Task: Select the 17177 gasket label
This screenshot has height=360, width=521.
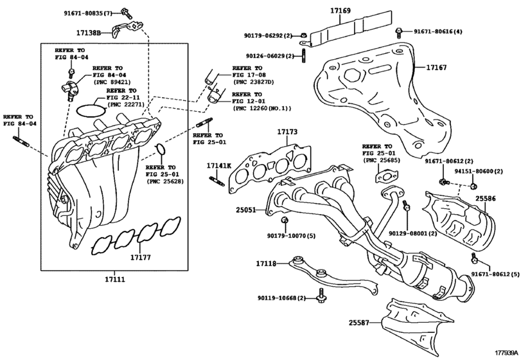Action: click(x=141, y=256)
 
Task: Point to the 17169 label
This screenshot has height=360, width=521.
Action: click(x=340, y=11)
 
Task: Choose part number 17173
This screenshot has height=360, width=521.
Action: click(x=288, y=132)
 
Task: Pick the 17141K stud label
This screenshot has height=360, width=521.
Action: click(x=216, y=166)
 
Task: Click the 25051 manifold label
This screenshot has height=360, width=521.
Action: click(x=246, y=210)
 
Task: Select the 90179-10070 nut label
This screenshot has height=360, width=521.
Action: click(x=292, y=236)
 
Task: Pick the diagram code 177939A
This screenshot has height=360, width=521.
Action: click(x=506, y=352)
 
